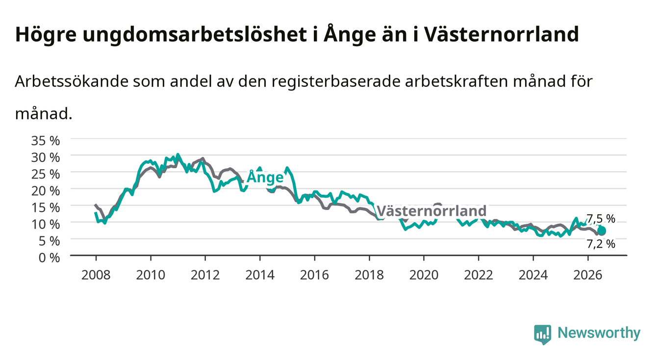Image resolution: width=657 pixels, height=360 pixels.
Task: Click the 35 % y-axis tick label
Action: (46, 141)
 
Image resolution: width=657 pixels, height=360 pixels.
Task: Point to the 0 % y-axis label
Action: (49, 258)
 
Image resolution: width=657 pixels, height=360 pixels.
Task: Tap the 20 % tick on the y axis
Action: (46, 191)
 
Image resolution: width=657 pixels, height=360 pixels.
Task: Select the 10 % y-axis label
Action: (46, 225)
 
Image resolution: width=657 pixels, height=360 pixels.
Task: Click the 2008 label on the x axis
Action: (96, 275)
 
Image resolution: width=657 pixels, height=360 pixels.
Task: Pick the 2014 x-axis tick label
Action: (260, 275)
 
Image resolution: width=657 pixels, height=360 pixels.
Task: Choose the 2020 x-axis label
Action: (424, 275)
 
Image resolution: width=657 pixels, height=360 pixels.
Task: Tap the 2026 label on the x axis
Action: (588, 275)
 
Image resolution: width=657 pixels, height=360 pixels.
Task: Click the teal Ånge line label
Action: (265, 177)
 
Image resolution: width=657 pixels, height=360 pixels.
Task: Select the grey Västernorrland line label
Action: (431, 211)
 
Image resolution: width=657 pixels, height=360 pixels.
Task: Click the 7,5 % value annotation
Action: (601, 219)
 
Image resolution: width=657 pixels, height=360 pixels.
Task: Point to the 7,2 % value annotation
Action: (601, 244)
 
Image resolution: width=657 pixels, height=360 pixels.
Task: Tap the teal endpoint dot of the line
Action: (601, 231)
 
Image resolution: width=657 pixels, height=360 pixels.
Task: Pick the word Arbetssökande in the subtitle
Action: (72, 81)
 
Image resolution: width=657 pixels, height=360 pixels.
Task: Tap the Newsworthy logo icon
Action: (543, 334)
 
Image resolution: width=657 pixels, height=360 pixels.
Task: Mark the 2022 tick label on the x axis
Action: (479, 275)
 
